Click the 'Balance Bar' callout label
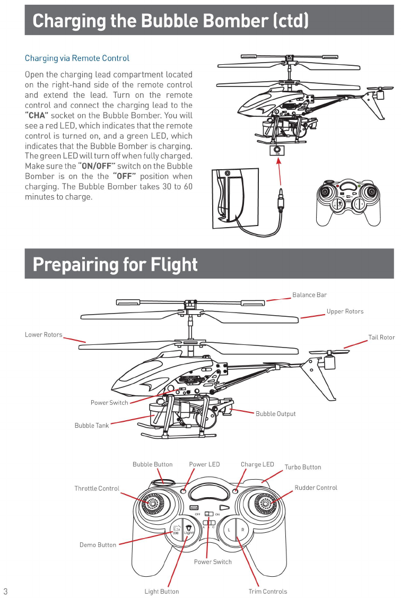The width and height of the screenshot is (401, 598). tap(310, 295)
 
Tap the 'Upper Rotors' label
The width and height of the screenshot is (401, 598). tap(345, 311)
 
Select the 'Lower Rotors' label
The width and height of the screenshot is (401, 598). tap(43, 335)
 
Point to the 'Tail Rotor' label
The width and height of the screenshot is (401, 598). tap(381, 337)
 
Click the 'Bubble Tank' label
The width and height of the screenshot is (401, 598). tap(91, 426)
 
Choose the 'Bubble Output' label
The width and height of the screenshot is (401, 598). tap(275, 414)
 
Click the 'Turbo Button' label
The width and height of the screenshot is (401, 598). tap(303, 467)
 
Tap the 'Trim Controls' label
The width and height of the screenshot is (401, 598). tap(267, 592)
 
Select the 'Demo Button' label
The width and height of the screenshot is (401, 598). tap(98, 545)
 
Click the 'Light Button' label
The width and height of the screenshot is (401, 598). tap(162, 592)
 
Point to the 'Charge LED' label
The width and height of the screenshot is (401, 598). tap(257, 465)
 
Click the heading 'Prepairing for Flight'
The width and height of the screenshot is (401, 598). tap(115, 264)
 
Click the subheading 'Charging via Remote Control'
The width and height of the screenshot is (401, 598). tap(77, 58)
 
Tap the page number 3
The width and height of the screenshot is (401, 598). tap(5, 591)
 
